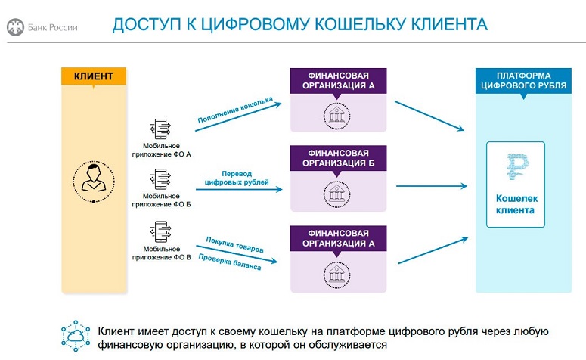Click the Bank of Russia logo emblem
click(x=14, y=28)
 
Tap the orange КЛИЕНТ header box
click(x=93, y=76)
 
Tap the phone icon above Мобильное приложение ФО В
click(x=162, y=230)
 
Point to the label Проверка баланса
click(x=230, y=261)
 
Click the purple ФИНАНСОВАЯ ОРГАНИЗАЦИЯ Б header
click(x=338, y=157)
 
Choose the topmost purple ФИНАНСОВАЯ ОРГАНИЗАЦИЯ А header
click(x=338, y=80)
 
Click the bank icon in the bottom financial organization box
click(x=338, y=271)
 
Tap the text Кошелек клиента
click(x=520, y=204)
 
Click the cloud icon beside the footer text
click(x=76, y=337)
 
